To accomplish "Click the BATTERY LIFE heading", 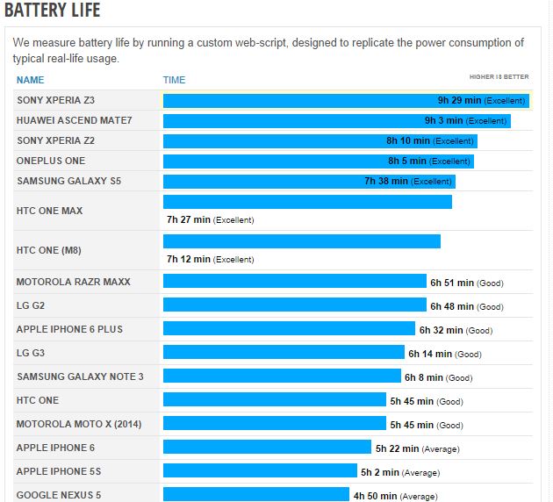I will (x=53, y=11).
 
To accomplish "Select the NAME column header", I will (x=30, y=80).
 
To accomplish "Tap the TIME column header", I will (x=175, y=80).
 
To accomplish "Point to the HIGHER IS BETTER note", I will (x=499, y=77).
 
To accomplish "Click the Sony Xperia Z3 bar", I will (x=298, y=100).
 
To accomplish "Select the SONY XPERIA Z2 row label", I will (x=55, y=140).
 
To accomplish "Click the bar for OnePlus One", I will (x=272, y=161).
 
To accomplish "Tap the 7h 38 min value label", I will (x=386, y=182).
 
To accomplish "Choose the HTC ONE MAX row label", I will (x=49, y=211).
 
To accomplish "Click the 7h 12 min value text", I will (x=189, y=259).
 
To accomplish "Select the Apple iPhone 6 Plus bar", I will (x=289, y=329).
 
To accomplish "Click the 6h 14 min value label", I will (x=430, y=354).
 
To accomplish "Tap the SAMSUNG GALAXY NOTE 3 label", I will (x=80, y=376).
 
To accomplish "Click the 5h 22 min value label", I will (x=398, y=448).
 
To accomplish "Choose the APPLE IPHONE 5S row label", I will (x=59, y=471).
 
